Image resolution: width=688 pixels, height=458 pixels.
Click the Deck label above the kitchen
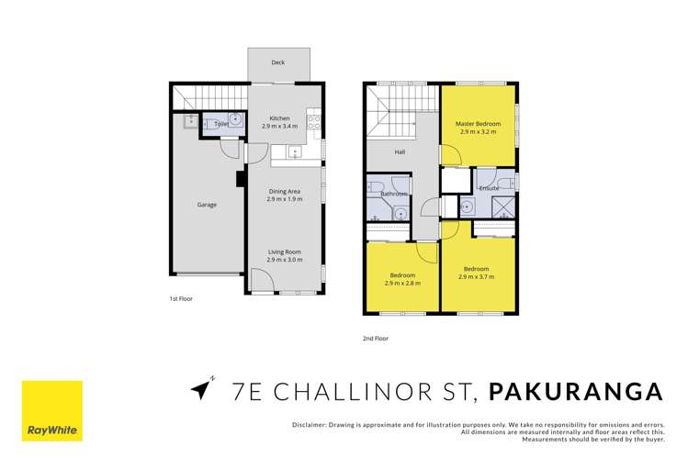276,63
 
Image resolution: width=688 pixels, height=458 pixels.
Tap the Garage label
207,205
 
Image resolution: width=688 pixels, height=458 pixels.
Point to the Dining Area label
284,191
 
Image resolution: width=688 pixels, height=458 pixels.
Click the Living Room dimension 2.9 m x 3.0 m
284,260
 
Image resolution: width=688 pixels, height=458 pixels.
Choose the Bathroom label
393,194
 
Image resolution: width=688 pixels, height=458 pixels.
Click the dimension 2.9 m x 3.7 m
478,276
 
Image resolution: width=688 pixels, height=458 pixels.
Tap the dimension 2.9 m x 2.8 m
402,284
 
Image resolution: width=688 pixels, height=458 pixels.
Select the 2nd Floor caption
375,339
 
